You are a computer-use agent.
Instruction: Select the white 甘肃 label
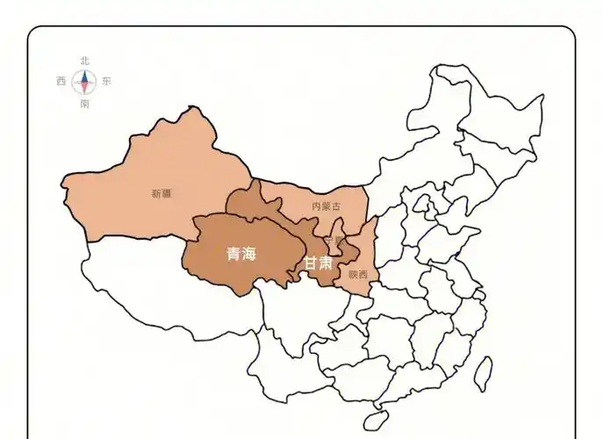coord(318,263)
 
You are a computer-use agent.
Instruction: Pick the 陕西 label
coord(358,275)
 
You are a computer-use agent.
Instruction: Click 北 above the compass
coord(84,61)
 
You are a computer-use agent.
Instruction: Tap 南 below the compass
coord(84,104)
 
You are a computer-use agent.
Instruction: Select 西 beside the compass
coord(61,82)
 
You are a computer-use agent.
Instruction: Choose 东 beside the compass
coord(107,82)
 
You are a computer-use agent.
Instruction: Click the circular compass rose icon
coord(84,82)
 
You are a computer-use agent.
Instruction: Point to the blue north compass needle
coord(84,76)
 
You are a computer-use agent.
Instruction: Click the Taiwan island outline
coord(481,372)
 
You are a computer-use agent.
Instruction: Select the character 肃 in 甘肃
coord(326,263)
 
